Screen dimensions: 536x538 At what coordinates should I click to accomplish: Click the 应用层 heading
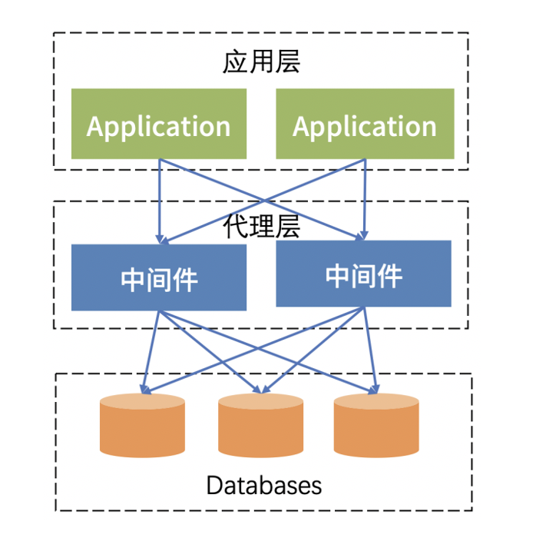(x=262, y=61)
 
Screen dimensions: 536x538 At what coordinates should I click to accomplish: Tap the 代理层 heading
(x=262, y=226)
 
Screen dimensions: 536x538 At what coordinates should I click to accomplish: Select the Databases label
(x=264, y=485)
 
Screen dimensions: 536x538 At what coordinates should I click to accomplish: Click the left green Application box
(x=159, y=124)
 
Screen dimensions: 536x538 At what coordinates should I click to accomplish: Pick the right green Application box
(x=365, y=124)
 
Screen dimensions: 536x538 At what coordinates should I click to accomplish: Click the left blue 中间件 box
(x=159, y=277)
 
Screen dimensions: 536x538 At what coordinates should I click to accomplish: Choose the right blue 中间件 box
(x=364, y=274)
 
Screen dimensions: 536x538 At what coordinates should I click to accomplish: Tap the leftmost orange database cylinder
(x=142, y=426)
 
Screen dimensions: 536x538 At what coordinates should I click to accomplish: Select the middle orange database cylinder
(x=261, y=426)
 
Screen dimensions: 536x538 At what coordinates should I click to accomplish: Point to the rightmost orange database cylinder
(x=376, y=426)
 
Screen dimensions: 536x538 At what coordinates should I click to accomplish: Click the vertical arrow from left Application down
(x=160, y=201)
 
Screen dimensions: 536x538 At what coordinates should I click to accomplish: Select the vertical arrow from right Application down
(x=365, y=199)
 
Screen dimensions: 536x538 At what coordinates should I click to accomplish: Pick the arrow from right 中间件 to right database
(x=370, y=350)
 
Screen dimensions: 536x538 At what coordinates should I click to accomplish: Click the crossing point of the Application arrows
(x=263, y=201)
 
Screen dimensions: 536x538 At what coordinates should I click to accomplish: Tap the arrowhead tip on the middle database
(x=261, y=394)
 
